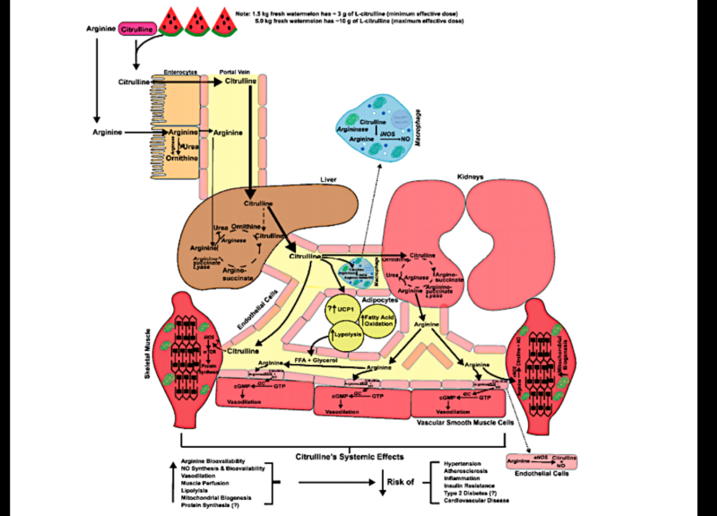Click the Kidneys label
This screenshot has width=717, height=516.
(x=471, y=178)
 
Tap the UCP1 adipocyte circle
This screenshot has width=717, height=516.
(x=341, y=310)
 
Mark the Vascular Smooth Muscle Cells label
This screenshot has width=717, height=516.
(x=459, y=420)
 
